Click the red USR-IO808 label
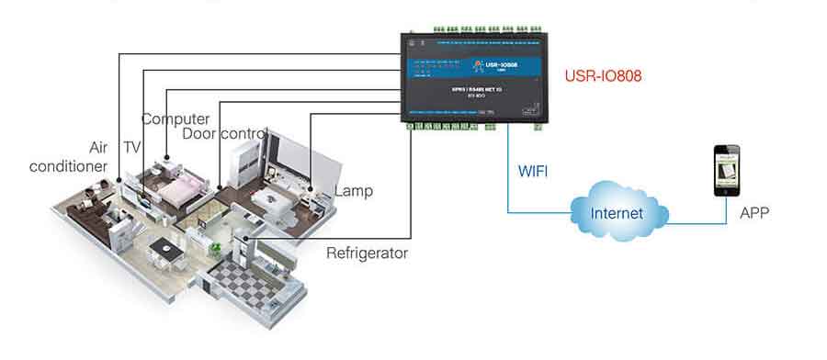pyautogui.click(x=604, y=76)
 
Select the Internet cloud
pyautogui.click(x=617, y=214)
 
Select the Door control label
pyautogui.click(x=224, y=134)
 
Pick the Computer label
pyautogui.click(x=175, y=118)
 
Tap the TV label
pyautogui.click(x=132, y=147)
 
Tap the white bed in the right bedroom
pyautogui.click(x=276, y=198)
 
